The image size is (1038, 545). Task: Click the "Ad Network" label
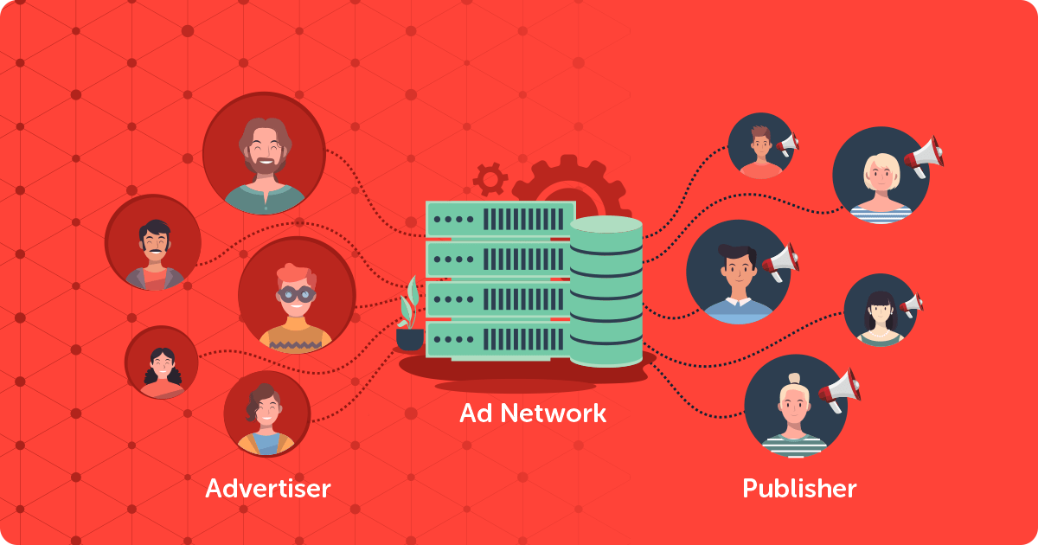tap(533, 413)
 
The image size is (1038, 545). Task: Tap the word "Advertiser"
tap(267, 489)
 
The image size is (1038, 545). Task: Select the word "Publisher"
tap(799, 489)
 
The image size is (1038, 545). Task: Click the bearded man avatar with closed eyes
tap(264, 154)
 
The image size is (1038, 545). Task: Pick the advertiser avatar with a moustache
tap(153, 242)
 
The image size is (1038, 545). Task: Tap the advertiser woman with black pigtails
tap(162, 362)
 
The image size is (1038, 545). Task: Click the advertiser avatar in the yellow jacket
tap(266, 414)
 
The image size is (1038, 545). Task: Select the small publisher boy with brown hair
tap(760, 146)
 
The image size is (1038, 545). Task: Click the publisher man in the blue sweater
tap(737, 272)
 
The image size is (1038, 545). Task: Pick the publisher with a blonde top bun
tap(794, 406)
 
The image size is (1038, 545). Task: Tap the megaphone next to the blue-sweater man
tap(780, 260)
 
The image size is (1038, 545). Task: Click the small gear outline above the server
tap(490, 179)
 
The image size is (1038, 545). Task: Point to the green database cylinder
tap(605, 290)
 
